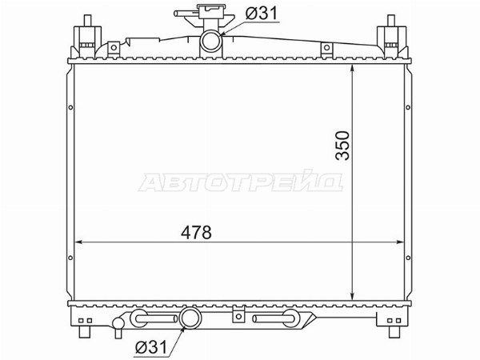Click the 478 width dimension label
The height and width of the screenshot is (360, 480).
click(196, 232)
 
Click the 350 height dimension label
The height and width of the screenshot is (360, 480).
click(342, 146)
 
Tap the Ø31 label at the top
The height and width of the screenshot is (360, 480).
click(262, 14)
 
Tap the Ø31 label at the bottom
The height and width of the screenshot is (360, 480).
click(151, 347)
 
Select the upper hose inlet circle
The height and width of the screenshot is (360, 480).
click(211, 41)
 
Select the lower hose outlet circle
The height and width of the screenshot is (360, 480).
click(190, 318)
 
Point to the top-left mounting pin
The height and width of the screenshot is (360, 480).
click(87, 22)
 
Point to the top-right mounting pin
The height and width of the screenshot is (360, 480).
click(391, 22)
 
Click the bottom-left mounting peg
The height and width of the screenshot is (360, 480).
click(85, 332)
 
